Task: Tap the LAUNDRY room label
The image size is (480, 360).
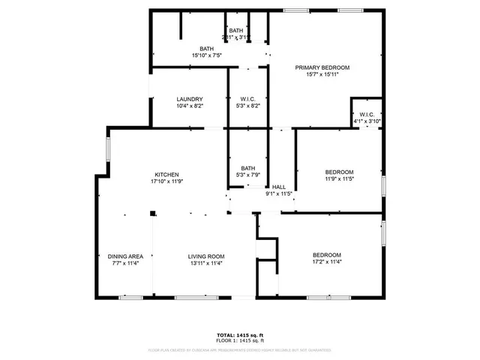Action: click(190, 100)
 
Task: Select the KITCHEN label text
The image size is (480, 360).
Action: click(166, 175)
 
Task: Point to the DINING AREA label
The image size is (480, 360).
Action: click(125, 256)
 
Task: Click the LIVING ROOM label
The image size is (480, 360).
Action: click(205, 256)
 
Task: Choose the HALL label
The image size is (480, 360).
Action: click(278, 187)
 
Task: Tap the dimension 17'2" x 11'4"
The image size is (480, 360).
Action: click(326, 262)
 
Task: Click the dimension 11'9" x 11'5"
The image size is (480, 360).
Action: click(339, 178)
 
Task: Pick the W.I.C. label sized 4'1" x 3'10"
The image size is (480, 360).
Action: click(366, 115)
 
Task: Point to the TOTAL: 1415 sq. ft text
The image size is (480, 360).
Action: click(239, 335)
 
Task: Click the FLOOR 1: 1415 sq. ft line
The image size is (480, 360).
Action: click(239, 341)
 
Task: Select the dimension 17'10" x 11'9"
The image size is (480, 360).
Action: click(166, 181)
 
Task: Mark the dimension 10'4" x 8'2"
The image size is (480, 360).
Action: click(190, 106)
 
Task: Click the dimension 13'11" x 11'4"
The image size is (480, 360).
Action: click(205, 263)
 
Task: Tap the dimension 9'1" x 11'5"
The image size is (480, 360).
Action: click(278, 193)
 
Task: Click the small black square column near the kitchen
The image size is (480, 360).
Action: click(153, 214)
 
